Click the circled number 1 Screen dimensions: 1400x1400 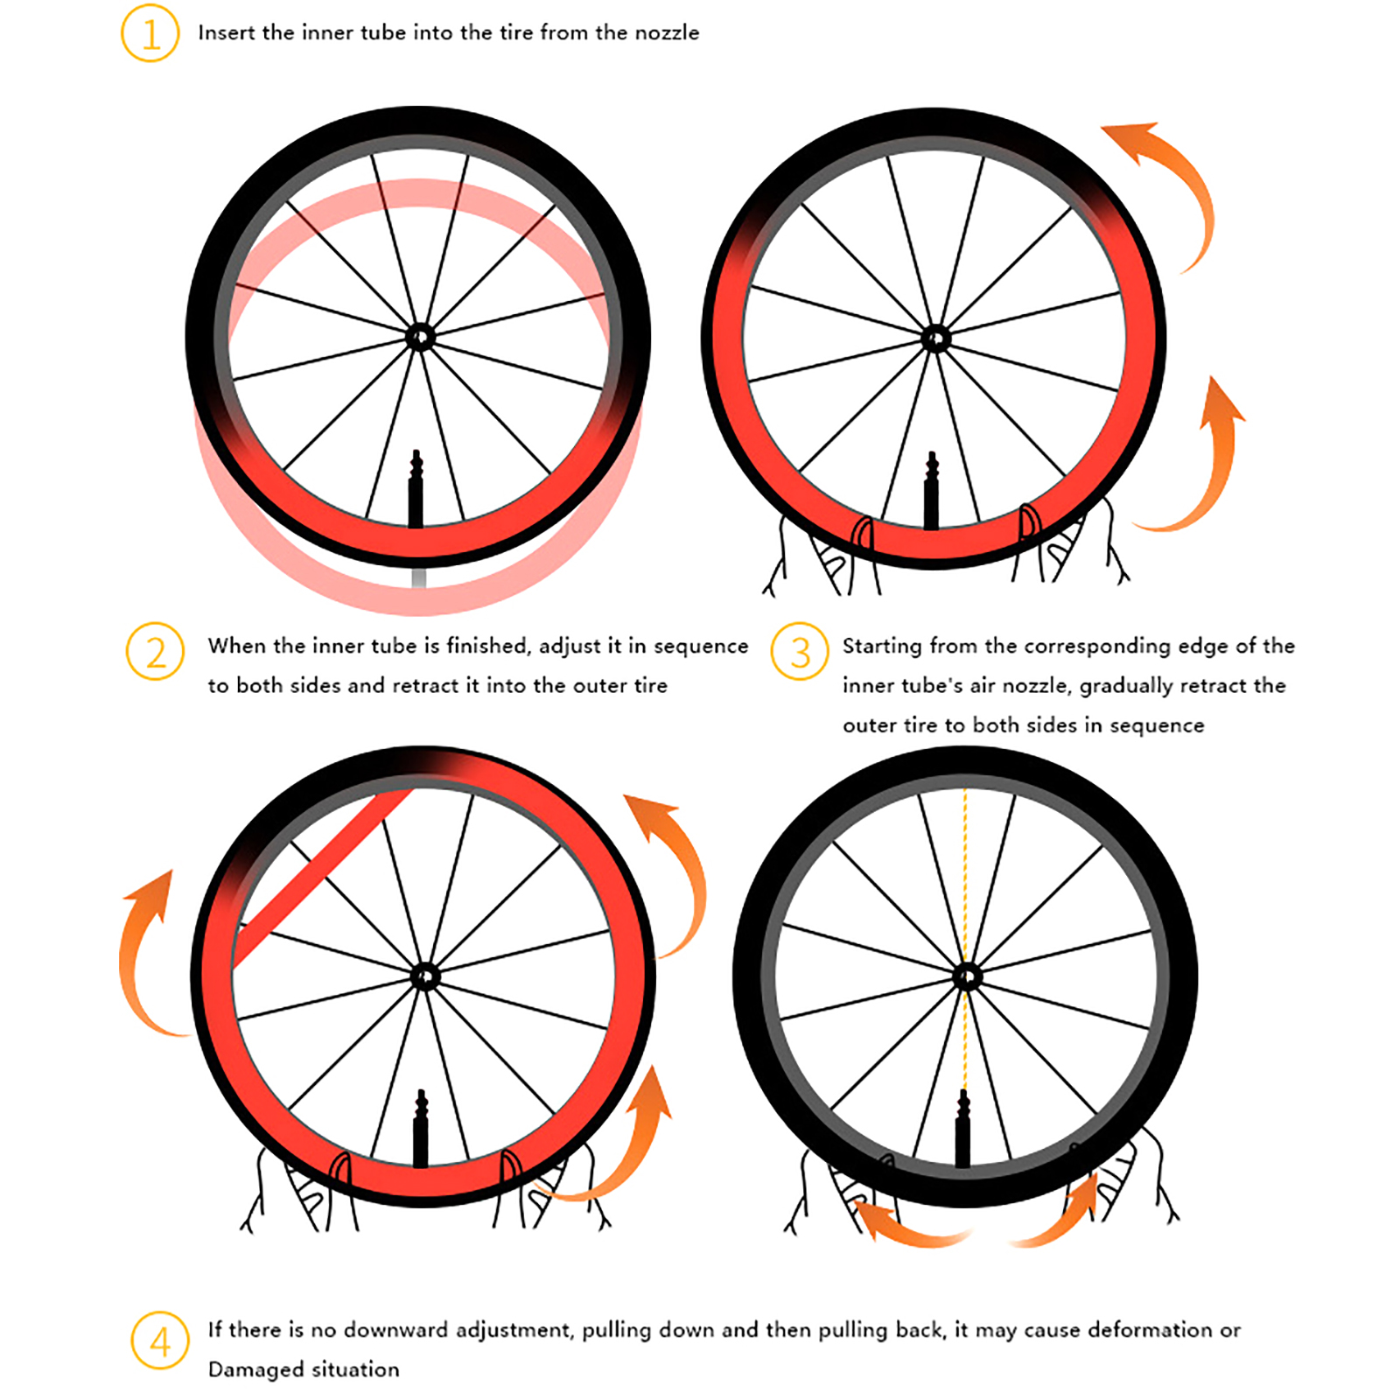point(150,34)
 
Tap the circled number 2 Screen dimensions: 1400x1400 point(156,652)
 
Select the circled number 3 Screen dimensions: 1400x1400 point(800,652)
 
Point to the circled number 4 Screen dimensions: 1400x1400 point(160,1340)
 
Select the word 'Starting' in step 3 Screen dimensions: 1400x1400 point(882,647)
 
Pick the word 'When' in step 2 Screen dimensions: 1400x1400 point(237,646)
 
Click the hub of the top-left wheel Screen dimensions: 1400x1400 point(420,337)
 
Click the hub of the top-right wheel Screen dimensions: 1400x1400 point(935,338)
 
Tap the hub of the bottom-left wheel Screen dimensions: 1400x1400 point(424,976)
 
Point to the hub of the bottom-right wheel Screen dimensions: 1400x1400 point(966,976)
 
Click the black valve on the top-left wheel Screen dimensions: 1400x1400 point(416,490)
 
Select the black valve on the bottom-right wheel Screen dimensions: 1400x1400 point(963,1129)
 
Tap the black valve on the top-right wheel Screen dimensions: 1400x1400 point(932,491)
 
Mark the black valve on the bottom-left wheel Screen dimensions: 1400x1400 point(421,1129)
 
